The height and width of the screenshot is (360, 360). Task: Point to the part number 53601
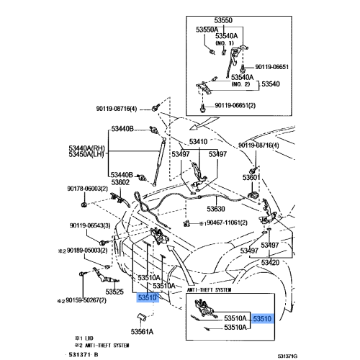click(x=251, y=176)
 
